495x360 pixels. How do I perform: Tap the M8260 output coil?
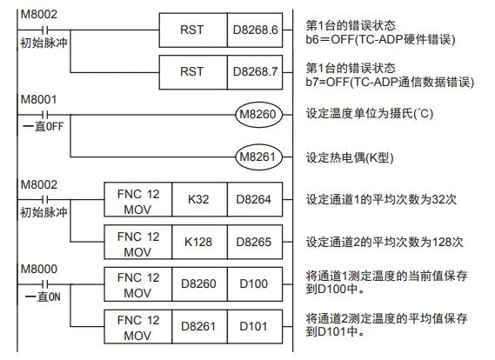point(258,113)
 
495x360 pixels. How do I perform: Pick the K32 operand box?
point(198,200)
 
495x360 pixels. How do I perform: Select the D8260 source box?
point(198,283)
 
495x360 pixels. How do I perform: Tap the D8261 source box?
point(198,325)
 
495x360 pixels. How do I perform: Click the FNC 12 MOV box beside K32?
point(136,200)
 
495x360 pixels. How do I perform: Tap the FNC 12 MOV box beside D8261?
point(136,325)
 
